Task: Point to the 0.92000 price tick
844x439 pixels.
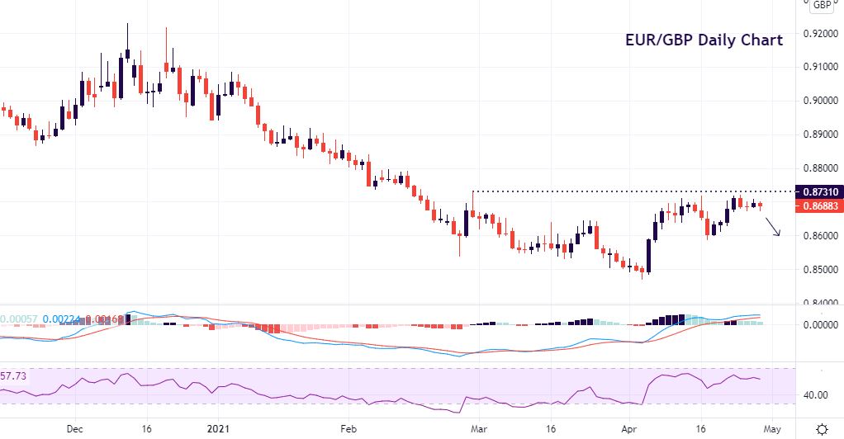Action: tap(821, 34)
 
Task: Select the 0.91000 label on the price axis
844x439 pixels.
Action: tap(821, 67)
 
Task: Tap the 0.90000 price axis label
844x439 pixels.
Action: tap(821, 101)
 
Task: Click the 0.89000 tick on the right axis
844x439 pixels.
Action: tap(821, 135)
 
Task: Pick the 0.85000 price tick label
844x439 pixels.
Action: tap(821, 270)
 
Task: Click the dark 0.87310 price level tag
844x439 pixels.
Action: tap(819, 191)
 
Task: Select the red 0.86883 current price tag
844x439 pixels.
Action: tap(819, 206)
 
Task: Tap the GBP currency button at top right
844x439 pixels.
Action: tap(821, 5)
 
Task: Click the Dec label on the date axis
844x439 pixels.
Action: tap(74, 429)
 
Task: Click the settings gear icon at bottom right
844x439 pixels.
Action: tap(823, 429)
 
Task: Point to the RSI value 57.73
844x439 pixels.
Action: tap(13, 375)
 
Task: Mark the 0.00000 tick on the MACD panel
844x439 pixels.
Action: tap(821, 325)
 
